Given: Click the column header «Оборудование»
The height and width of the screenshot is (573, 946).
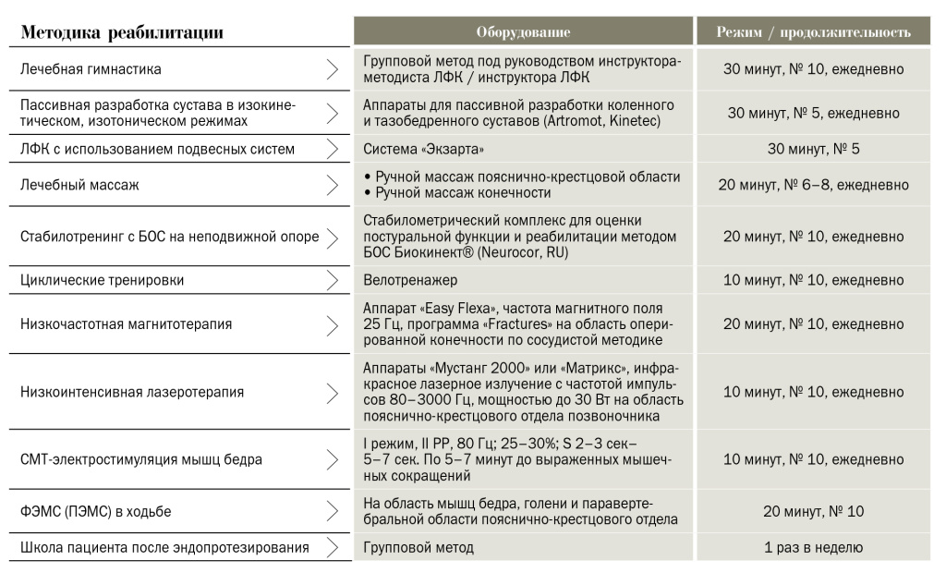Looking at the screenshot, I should (523, 32).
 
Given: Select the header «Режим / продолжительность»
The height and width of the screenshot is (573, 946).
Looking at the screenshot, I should (813, 32).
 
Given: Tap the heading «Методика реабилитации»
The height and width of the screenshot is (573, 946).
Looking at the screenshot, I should (122, 33).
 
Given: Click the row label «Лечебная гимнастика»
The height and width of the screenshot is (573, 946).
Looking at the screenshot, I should (91, 69).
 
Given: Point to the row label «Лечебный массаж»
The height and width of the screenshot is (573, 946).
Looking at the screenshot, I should (79, 185).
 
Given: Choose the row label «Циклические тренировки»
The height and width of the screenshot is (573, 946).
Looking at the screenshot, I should (102, 279).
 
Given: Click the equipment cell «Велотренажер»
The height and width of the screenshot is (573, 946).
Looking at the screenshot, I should (410, 279).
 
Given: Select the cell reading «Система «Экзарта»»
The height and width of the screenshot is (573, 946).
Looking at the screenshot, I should (423, 149).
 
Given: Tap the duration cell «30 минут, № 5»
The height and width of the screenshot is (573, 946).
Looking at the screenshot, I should (813, 149).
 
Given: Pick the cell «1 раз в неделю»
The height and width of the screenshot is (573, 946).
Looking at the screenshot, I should (813, 547).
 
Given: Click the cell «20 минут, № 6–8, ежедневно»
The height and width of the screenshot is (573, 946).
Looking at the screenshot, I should (813, 185).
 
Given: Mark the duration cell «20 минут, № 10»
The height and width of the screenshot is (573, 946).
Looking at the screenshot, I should (813, 511).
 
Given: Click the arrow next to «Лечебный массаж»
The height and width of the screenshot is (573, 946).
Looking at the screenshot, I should (333, 185).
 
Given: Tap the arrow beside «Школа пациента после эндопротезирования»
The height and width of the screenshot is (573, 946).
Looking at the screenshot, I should (333, 547).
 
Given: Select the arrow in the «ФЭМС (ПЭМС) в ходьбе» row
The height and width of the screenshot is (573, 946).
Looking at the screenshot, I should (333, 511).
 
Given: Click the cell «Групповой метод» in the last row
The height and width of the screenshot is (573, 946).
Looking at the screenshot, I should (418, 547).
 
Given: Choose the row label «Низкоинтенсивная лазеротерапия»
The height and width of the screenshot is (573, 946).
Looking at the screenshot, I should (132, 392).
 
